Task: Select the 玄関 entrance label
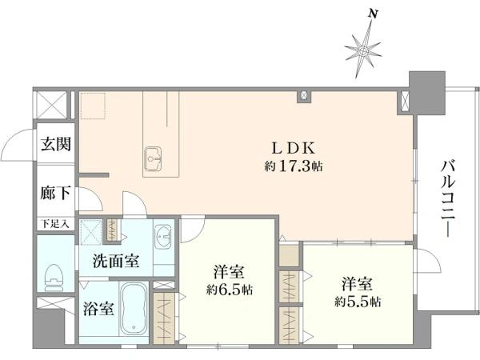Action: click(55, 145)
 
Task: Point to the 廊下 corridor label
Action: click(55, 194)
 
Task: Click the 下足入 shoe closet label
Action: click(54, 225)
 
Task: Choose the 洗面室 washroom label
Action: click(115, 261)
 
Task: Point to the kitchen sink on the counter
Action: click(154, 155)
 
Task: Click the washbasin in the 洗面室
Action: click(164, 238)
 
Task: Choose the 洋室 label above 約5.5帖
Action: click(357, 282)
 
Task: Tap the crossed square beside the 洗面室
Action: click(92, 232)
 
